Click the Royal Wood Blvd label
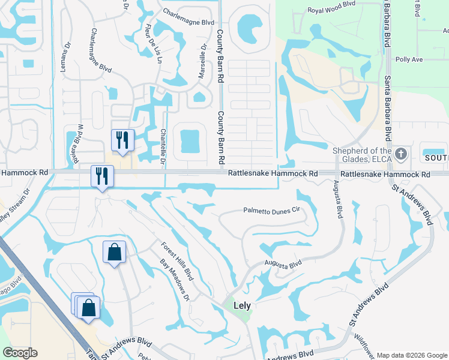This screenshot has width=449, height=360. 332,10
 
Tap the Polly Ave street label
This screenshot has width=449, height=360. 409,60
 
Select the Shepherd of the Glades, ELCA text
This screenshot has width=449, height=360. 363,154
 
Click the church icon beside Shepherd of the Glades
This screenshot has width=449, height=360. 402,154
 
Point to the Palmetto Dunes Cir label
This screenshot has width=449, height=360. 271,211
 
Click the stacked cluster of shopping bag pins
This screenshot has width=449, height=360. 86,307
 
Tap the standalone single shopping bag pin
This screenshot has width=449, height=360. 114,253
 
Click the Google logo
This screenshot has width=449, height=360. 20,353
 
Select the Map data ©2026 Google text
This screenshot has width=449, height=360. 412,355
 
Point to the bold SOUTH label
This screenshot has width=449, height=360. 436,158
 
